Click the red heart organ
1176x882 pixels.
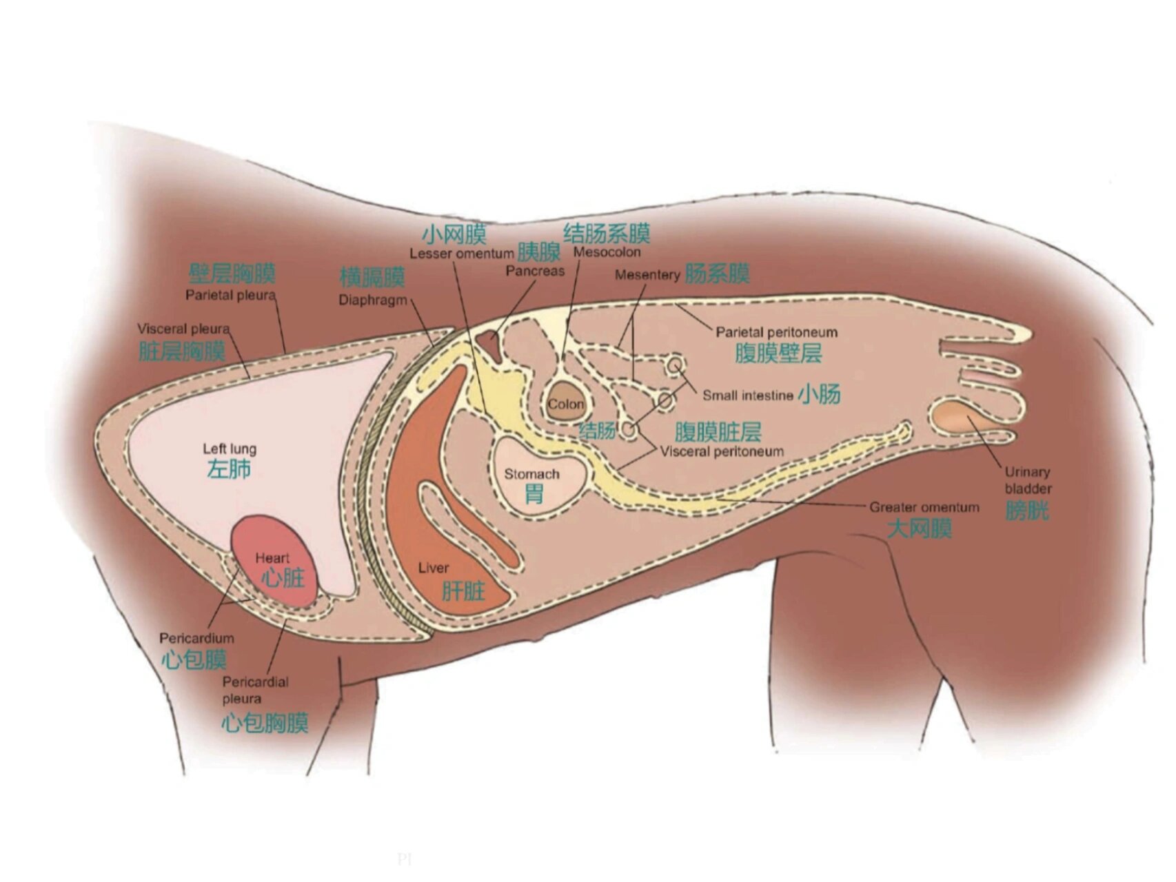point(274,561)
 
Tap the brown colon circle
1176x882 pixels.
point(565,402)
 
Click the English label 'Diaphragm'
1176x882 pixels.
point(372,300)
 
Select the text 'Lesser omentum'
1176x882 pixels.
point(461,254)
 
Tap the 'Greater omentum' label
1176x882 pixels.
point(924,507)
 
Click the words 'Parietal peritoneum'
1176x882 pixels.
point(776,332)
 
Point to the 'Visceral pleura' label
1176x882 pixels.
point(183,329)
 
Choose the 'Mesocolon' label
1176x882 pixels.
point(607,252)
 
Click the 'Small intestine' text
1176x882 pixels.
point(747,396)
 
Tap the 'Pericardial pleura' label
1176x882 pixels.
point(255,690)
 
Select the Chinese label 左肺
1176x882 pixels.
point(229,469)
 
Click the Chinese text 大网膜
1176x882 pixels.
point(919,529)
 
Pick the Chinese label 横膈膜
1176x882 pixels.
point(372,278)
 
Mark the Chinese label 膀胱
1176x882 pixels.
point(1026,511)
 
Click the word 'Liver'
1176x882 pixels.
point(433,568)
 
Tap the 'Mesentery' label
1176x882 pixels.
point(647,275)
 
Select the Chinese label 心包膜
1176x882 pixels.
point(194,659)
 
